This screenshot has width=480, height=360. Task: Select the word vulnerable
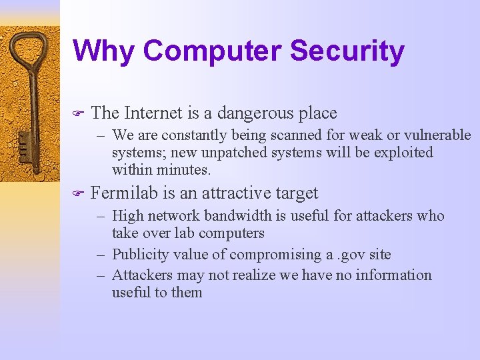[436, 135]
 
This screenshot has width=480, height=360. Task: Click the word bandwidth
[239, 215]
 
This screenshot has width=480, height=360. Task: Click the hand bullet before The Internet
[77, 114]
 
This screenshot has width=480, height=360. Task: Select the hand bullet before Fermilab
[77, 194]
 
